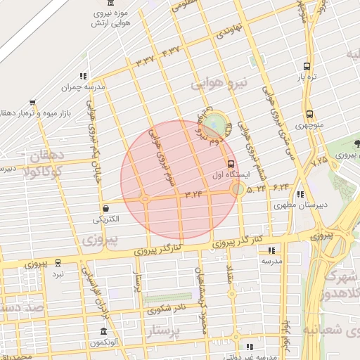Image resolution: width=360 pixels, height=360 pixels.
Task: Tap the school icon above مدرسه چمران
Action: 83,76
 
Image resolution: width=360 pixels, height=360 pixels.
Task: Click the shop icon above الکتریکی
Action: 105,208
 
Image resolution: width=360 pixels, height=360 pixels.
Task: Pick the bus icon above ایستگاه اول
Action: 232,164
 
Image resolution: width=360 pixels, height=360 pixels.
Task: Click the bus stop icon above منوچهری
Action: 309,115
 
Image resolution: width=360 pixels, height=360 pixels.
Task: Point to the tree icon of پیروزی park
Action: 356,144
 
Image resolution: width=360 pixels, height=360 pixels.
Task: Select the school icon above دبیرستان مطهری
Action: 300,195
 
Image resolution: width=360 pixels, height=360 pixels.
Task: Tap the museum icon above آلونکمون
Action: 104,331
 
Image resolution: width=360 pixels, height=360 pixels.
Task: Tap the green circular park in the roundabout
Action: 217,124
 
